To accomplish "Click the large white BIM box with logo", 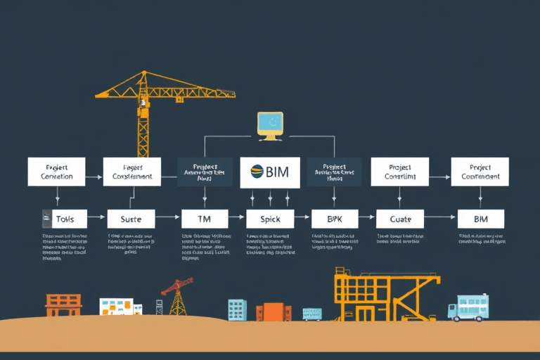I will [270, 172].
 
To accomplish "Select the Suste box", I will [131, 219].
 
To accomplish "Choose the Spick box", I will [270, 219].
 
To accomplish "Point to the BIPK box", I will [334, 219].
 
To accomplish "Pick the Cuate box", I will [400, 219].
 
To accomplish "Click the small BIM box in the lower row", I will [481, 219].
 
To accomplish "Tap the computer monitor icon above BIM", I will [269, 124].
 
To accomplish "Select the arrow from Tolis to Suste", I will [97, 218].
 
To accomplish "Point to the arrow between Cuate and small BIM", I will [441, 219].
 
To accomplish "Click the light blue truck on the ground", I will [468, 307].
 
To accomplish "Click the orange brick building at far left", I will [63, 305].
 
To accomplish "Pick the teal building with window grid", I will [237, 310].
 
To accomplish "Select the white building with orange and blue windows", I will [117, 307].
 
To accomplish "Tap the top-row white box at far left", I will [56, 172].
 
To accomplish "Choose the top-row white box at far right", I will [480, 172].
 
